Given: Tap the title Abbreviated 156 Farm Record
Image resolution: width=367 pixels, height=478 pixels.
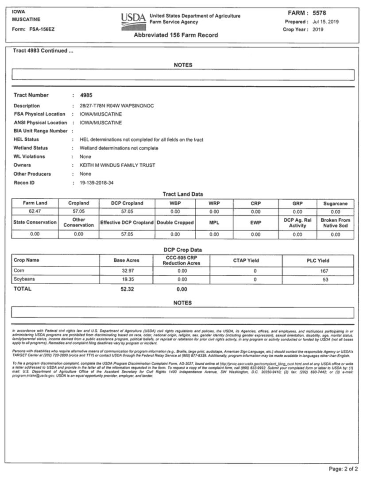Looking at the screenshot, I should pos(179,35).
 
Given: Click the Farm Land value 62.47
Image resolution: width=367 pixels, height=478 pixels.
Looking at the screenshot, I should pos(35,212).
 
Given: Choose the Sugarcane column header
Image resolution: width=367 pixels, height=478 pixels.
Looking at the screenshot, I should pos(335,203).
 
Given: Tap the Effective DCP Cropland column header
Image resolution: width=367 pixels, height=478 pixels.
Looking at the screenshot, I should pos(127,222).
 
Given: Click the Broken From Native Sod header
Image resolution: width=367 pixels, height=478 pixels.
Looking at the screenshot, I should pos(335,222).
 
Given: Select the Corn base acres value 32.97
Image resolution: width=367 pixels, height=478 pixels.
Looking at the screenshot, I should pos(127,270).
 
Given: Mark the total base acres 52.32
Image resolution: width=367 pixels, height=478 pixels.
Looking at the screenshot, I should pos(127,289).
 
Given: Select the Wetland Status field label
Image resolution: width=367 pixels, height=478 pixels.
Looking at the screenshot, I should pos(31,148).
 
